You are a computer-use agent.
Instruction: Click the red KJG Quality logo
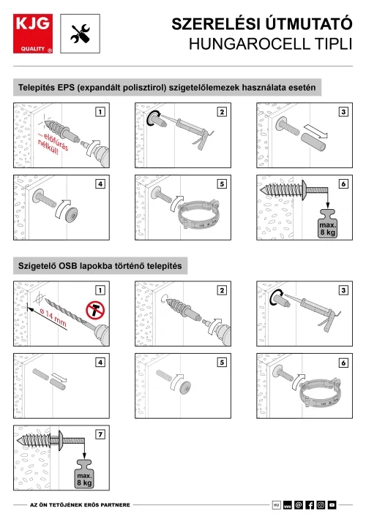coord(33,34)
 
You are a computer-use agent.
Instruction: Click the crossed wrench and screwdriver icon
coord(81,34)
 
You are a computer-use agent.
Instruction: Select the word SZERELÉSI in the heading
coord(216,24)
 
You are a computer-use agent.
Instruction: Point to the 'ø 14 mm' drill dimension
coord(53,317)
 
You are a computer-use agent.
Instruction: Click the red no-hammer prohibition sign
coord(95,311)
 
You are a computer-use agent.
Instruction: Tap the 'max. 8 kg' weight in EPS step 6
coord(327,224)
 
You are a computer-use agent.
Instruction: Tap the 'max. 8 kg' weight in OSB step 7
coord(84,474)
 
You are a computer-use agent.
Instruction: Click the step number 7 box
coord(100,434)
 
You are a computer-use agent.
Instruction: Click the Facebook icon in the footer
coord(310,505)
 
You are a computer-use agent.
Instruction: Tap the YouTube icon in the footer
coord(332,505)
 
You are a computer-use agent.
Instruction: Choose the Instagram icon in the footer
coord(321,505)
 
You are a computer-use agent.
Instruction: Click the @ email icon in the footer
coord(299,505)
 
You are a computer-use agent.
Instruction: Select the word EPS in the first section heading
coord(66,88)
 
